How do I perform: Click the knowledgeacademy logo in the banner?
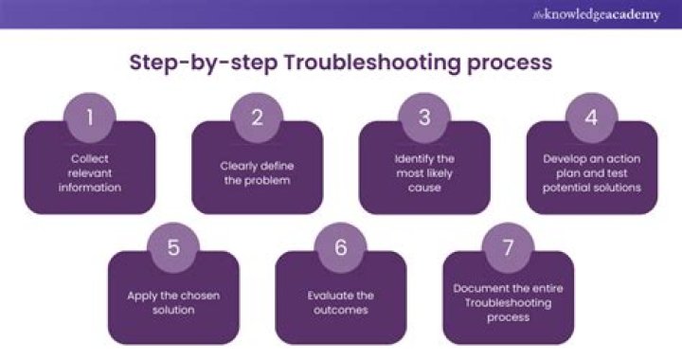[x=597, y=15]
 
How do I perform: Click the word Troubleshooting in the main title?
[x=373, y=63]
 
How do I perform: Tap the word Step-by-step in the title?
[x=204, y=63]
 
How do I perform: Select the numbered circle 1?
[x=90, y=117]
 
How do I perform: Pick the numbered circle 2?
[x=257, y=117]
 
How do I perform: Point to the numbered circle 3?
[x=424, y=117]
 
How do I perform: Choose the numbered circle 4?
[x=591, y=117]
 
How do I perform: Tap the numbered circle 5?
[x=173, y=247]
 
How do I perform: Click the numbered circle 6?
[x=341, y=247]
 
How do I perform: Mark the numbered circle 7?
[x=508, y=247]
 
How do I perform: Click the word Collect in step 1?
[x=90, y=159]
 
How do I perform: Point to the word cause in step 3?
[x=424, y=188]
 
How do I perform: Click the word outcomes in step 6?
[x=341, y=311]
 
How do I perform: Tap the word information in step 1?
[x=90, y=188]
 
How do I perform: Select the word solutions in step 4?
[x=619, y=188]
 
